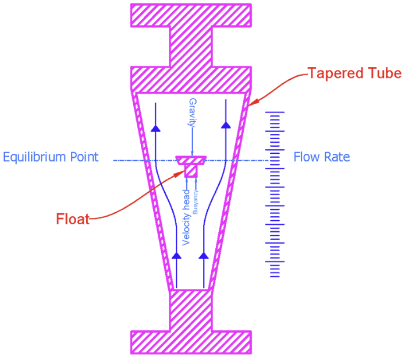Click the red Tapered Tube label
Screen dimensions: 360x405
(354, 73)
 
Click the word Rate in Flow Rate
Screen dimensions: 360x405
(338, 157)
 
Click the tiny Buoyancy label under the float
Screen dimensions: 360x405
(196, 202)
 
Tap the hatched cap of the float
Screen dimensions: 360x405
(190, 159)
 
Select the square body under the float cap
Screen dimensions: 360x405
(190, 170)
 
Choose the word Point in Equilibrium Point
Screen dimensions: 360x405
(85, 157)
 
